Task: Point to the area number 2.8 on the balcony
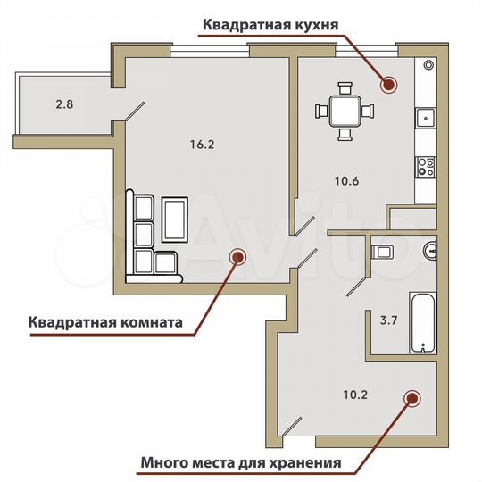coord(63,104)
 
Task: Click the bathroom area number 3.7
coord(390,317)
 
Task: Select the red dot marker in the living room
coord(237,257)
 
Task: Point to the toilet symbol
coord(383,252)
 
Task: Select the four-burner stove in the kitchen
coord(426,166)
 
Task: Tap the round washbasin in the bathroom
coord(430,250)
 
